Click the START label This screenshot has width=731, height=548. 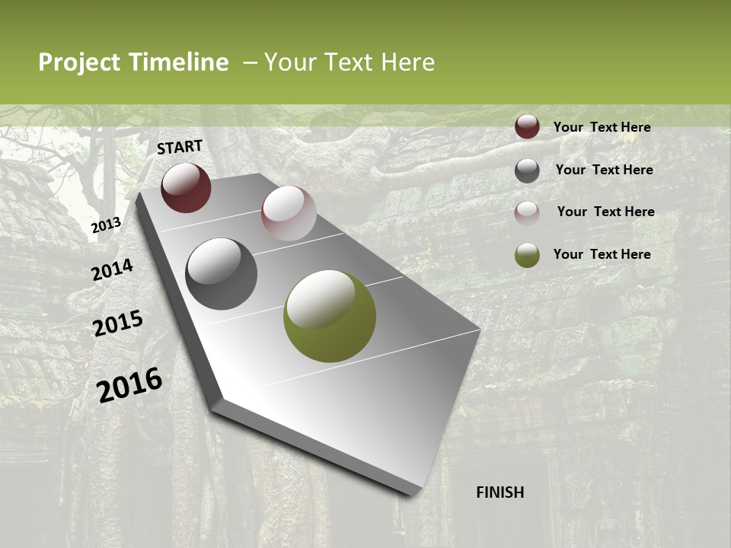[180, 147]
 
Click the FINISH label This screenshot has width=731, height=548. [500, 492]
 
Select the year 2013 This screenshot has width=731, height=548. [107, 225]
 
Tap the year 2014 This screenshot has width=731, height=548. [113, 270]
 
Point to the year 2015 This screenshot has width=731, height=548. [118, 323]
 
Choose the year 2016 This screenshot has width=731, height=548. [129, 384]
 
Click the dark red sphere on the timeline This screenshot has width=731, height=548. [186, 188]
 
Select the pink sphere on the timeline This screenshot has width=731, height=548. [289, 213]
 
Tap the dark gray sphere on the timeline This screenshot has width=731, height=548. [221, 274]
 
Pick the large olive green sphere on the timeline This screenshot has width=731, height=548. [330, 316]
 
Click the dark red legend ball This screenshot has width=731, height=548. [527, 127]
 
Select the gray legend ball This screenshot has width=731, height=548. [527, 170]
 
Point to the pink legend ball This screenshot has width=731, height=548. [527, 212]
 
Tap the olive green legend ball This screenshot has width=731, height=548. [527, 255]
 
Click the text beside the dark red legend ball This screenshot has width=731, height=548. [602, 127]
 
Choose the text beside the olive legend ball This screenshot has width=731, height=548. [602, 254]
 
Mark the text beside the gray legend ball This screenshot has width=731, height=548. [604, 170]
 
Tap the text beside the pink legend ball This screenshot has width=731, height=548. [605, 212]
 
